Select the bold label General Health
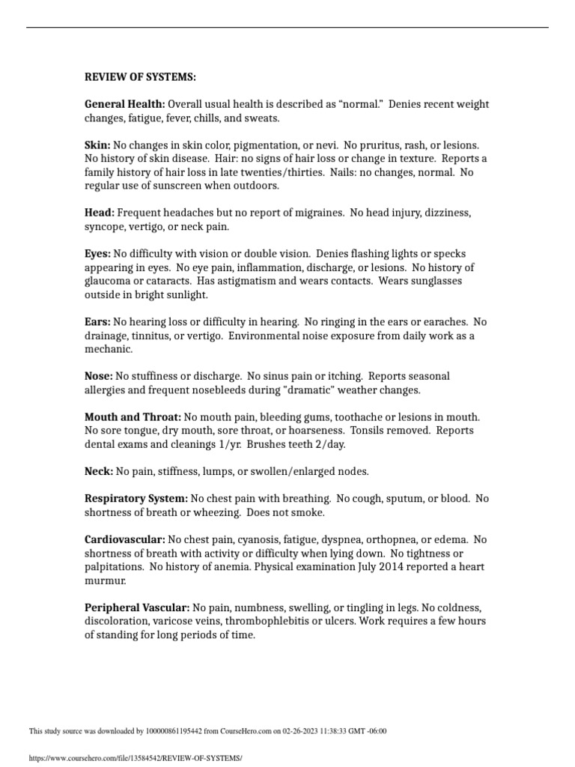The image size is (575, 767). coord(124,105)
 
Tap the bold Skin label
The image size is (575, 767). coord(97,145)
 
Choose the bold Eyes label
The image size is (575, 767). coord(97,254)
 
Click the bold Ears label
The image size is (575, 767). coord(97,322)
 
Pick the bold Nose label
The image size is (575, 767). coord(99,376)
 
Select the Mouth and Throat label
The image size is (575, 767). coord(133,416)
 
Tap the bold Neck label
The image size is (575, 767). coord(99,471)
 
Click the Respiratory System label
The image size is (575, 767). coord(136,498)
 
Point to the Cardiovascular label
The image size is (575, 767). coord(125,539)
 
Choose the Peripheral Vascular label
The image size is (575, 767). coord(137,607)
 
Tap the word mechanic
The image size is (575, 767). coord(108,349)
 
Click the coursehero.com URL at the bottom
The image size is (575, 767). coord(136,758)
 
